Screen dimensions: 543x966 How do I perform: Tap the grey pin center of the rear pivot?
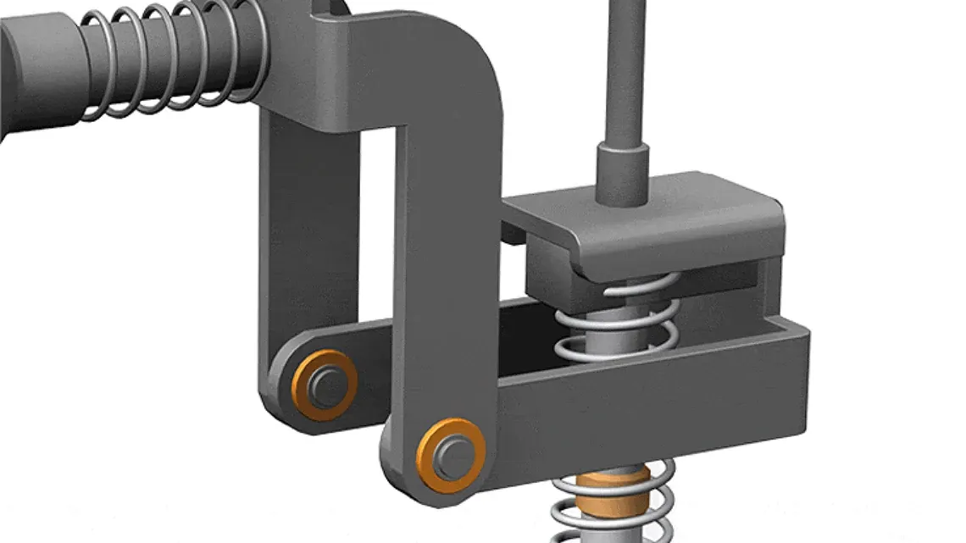tap(326, 385)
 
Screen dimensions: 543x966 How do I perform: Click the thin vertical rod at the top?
tap(622, 68)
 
